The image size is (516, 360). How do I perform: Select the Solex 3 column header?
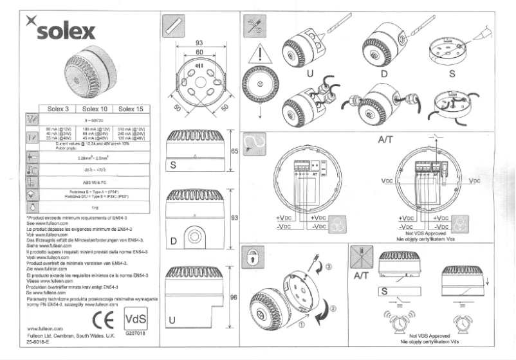(x=54, y=109)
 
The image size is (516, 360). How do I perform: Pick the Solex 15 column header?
(x=130, y=109)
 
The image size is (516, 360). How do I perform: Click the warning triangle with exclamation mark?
(x=258, y=53)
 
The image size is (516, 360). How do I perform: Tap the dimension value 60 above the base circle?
(x=199, y=51)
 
